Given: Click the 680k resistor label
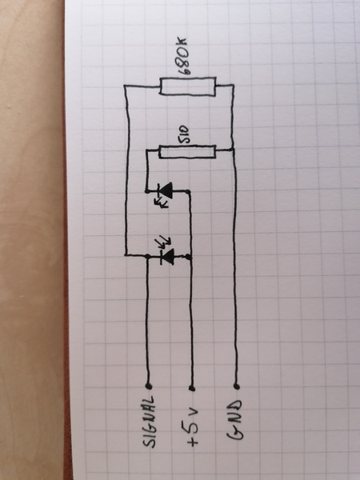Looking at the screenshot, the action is coord(183,57).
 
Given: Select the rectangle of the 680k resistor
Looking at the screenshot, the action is coord(188,86).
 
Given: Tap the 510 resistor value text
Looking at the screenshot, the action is coord(184,134).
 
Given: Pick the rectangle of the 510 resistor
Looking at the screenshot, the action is coord(187,152).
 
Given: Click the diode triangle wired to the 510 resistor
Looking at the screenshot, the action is coord(166,190).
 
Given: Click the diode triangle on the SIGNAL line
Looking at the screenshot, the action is coord(168,257).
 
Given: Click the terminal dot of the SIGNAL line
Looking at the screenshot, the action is coord(149,386).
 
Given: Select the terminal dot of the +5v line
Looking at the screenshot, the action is coord(192,388).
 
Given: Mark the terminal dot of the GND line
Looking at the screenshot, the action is coord(236,386).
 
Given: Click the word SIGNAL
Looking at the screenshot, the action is coord(149,422).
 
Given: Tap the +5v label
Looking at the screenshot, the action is coord(192,426).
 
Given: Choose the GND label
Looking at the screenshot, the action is coord(234,419).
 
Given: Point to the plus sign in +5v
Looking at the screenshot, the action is coord(193,441).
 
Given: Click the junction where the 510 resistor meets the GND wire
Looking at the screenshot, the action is coord(234,150).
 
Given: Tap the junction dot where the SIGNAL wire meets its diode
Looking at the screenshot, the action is coord(148,255).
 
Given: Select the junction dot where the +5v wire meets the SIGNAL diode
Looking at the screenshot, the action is coord(189,257).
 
